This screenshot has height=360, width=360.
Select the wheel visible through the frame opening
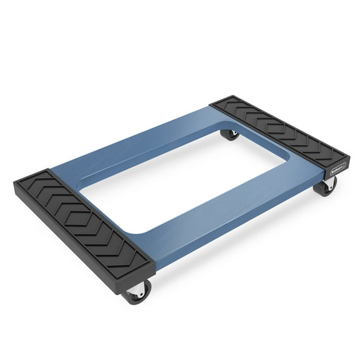tap(231, 133)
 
